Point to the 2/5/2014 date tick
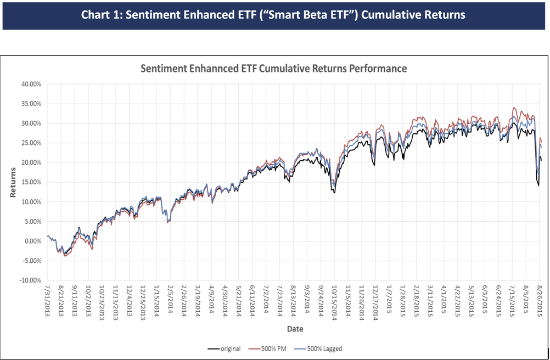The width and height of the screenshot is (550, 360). point(171,299)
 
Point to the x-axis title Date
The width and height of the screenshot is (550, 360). point(294,329)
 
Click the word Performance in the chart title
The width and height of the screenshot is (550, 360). point(378,69)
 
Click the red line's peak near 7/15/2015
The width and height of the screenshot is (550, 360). point(513,108)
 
